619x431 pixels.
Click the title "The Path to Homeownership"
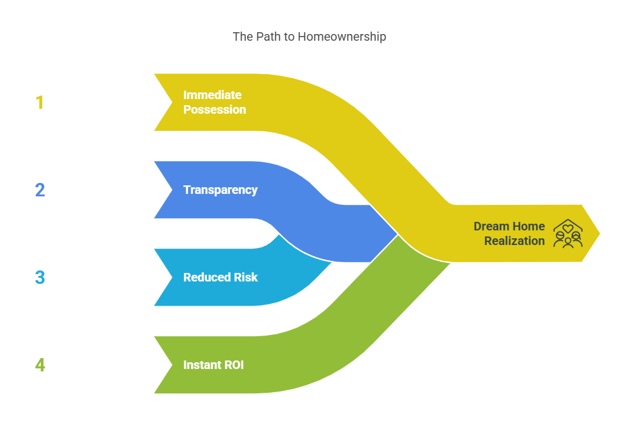pyautogui.click(x=309, y=36)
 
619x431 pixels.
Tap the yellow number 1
pyautogui.click(x=39, y=102)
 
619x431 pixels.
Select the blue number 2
pyautogui.click(x=40, y=190)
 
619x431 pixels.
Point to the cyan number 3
pyautogui.click(x=40, y=277)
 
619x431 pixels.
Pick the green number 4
pyautogui.click(x=40, y=365)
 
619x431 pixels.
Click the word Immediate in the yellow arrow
pyautogui.click(x=212, y=95)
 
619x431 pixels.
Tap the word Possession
pyautogui.click(x=214, y=109)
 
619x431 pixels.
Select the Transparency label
pyautogui.click(x=220, y=190)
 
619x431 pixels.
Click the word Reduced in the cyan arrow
pyautogui.click(x=207, y=277)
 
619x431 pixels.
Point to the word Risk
pyautogui.click(x=246, y=277)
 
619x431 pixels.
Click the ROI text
pyautogui.click(x=234, y=365)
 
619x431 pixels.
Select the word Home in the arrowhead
pyautogui.click(x=529, y=226)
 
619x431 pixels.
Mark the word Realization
pyautogui.click(x=515, y=241)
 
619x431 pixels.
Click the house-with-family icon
pyautogui.click(x=568, y=233)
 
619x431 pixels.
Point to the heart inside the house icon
pyautogui.click(x=568, y=229)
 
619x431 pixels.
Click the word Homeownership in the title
pyautogui.click(x=342, y=36)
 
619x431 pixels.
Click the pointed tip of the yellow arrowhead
pyautogui.click(x=600, y=233)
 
